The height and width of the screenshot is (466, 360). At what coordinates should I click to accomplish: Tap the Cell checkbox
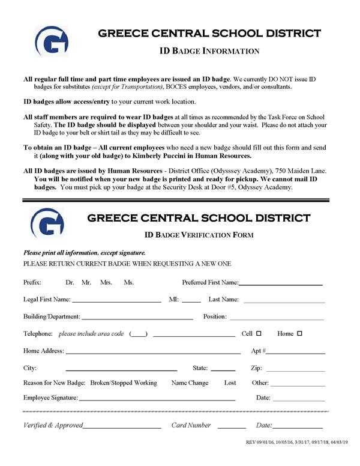point(259,333)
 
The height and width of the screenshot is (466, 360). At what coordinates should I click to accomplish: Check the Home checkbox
point(299,333)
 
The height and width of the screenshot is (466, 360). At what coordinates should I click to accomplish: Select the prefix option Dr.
point(70,282)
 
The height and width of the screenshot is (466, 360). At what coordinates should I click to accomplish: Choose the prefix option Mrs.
point(106,282)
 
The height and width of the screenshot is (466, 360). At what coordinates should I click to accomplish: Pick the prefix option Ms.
point(128,282)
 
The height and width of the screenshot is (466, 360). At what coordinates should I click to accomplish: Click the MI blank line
point(191,300)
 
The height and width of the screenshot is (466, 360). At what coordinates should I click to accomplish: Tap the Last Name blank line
point(283,300)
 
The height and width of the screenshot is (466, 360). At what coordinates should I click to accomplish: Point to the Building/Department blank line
point(137,317)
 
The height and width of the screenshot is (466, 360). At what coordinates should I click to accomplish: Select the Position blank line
point(277,317)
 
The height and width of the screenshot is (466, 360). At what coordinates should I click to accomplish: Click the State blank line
point(223,369)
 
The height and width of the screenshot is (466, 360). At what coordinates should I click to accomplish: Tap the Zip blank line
point(295,369)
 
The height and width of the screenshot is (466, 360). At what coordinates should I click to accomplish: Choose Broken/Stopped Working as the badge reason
point(123,383)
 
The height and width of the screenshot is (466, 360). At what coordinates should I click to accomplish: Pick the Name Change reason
point(190,383)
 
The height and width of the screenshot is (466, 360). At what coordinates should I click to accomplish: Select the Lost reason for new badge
point(230,383)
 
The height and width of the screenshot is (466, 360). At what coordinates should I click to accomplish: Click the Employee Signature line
point(157,399)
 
